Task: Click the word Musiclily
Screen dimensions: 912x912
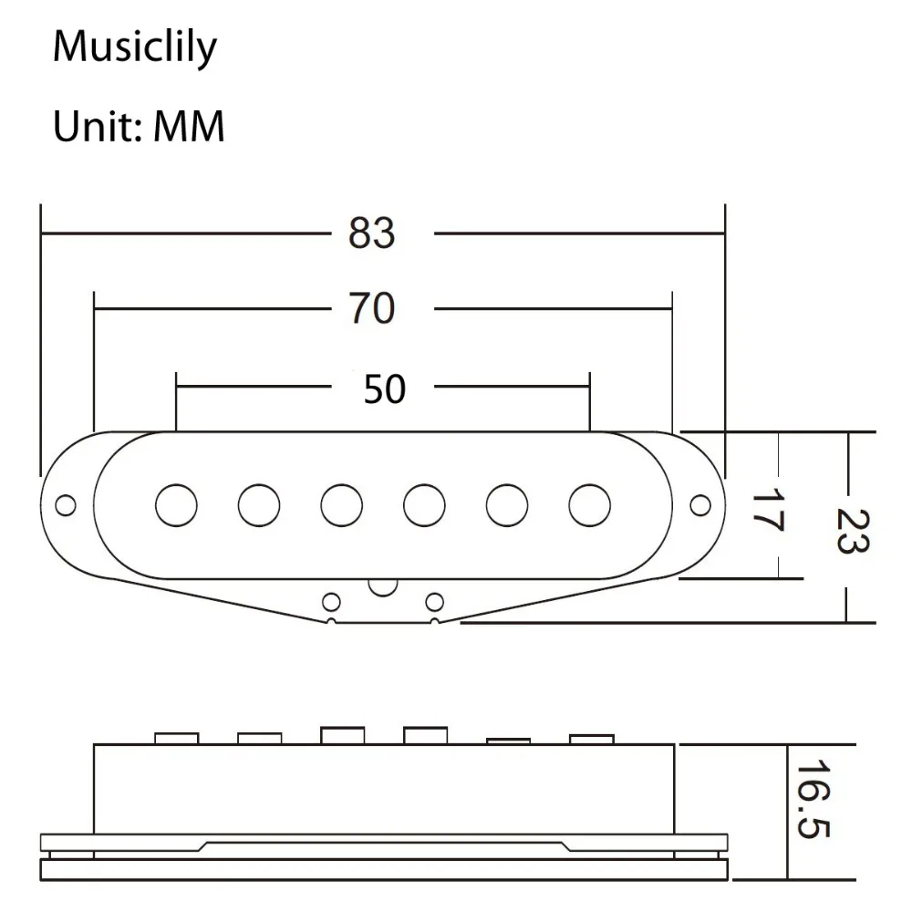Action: coord(135,46)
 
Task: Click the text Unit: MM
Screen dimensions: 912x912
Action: coord(139,127)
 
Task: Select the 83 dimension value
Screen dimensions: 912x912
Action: coord(372,233)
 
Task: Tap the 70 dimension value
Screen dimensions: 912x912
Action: coord(372,309)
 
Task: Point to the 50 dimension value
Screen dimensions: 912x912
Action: coord(384,389)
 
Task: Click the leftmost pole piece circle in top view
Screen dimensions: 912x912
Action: coord(176,504)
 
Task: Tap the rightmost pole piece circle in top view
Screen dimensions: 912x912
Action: coord(590,504)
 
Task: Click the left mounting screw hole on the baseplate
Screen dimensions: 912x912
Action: coord(67,504)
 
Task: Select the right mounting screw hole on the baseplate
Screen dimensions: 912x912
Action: coord(700,504)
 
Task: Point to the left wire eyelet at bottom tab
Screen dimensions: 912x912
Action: coord(332,601)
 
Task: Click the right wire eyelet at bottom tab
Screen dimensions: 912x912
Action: coord(435,601)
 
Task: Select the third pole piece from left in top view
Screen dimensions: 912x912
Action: coord(342,504)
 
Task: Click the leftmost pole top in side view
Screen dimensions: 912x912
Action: coord(176,737)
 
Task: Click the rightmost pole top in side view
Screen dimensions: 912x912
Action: coord(590,738)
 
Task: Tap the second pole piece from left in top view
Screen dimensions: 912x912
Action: coord(259,504)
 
